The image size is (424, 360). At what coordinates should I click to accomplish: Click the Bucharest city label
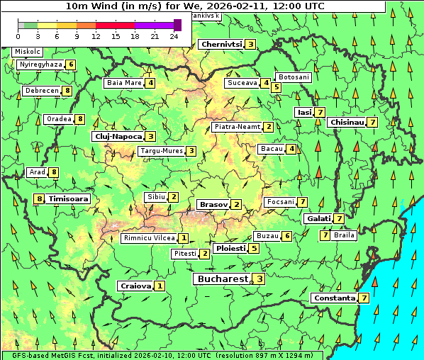222,279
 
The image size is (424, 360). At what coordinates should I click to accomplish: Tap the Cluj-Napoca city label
118,136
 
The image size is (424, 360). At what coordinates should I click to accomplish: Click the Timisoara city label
69,199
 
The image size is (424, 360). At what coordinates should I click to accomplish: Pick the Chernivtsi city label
221,45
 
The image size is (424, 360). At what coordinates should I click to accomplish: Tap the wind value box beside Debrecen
67,91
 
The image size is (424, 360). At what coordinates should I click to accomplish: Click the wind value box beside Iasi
320,112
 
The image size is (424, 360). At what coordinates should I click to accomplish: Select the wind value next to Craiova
160,286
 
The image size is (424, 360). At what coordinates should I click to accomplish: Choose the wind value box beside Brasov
236,205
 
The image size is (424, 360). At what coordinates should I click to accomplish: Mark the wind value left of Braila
325,235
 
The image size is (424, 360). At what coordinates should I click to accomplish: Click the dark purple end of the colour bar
177,25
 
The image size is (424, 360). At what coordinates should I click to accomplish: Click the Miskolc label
27,52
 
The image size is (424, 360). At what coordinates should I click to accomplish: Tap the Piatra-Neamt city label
238,127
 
